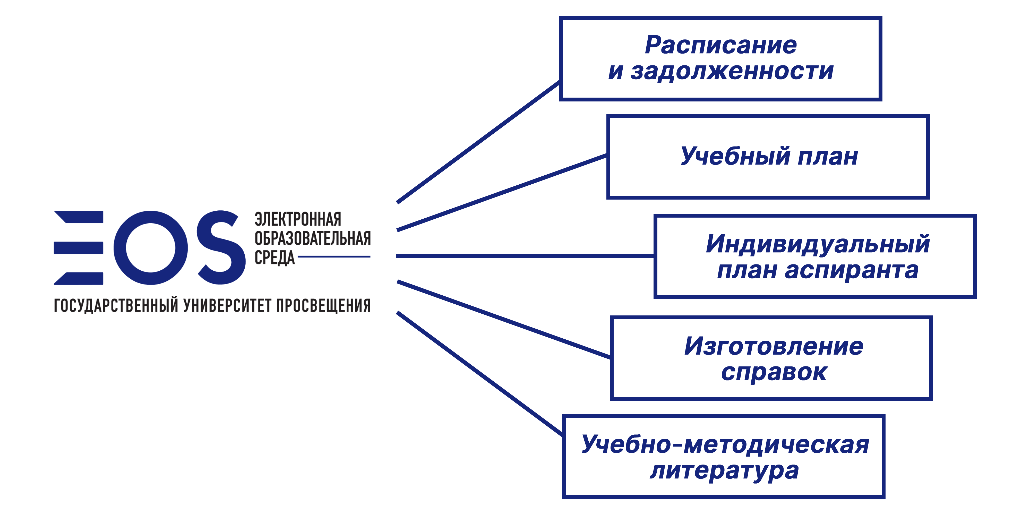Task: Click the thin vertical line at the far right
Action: [x=976, y=280]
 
